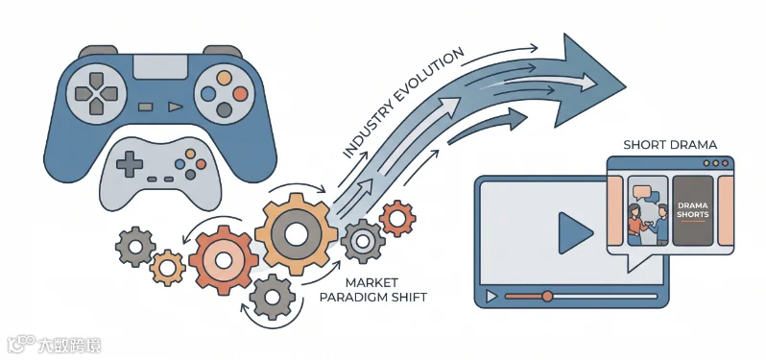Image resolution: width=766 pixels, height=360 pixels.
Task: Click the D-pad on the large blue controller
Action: (x=97, y=93)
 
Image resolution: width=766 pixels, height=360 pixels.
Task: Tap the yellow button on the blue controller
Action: (x=225, y=78)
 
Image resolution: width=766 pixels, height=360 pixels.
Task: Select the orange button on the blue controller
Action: (x=240, y=93)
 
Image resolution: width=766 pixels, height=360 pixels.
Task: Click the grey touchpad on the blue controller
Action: (x=159, y=66)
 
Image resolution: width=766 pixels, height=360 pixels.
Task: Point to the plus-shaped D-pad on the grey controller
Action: (x=130, y=164)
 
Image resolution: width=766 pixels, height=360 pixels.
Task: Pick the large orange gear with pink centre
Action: (x=224, y=260)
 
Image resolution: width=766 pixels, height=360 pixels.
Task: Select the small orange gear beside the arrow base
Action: (x=397, y=219)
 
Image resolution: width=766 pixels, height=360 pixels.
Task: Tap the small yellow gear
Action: (x=168, y=268)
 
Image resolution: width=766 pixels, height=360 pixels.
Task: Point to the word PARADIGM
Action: (x=371, y=297)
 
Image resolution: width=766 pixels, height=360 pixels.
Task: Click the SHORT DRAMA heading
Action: (x=670, y=145)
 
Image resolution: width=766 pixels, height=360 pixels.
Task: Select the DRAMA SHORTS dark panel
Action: (x=693, y=210)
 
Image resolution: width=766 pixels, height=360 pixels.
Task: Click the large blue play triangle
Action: (x=575, y=233)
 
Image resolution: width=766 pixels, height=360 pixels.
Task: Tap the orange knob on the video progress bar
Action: (x=547, y=296)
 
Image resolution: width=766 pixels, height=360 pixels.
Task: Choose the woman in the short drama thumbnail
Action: (x=635, y=223)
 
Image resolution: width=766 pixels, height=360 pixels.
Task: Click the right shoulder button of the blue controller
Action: (x=223, y=51)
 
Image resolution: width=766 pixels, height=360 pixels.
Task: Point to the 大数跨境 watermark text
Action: (x=70, y=346)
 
